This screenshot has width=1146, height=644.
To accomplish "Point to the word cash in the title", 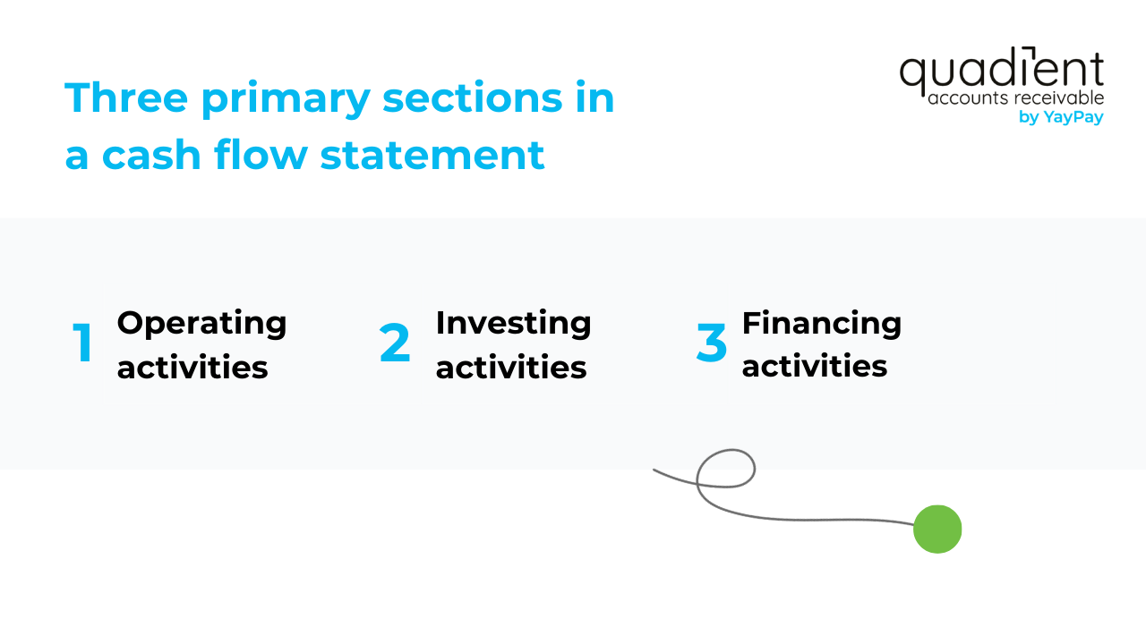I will click(150, 155).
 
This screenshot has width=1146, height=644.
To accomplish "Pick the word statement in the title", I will click(432, 155).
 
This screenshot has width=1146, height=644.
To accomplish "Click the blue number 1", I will click(83, 343).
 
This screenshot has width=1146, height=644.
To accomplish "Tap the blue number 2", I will click(395, 343).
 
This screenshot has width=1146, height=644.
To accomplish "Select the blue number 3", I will click(712, 343).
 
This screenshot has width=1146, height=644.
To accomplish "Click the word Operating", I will click(201, 324).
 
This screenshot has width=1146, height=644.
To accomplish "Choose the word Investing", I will click(513, 322).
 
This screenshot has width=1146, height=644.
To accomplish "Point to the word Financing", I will click(821, 322).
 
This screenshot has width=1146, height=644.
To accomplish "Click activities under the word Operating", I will click(192, 367).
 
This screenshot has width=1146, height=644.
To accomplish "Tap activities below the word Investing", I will click(511, 367).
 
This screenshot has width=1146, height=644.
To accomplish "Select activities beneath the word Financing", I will click(815, 367).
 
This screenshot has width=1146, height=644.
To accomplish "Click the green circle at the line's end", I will click(937, 530).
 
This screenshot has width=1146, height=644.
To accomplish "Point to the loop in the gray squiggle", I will click(726, 469).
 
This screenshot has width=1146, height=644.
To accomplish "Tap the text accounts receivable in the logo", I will click(1015, 98).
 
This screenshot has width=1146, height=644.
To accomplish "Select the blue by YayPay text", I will click(1061, 117).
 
